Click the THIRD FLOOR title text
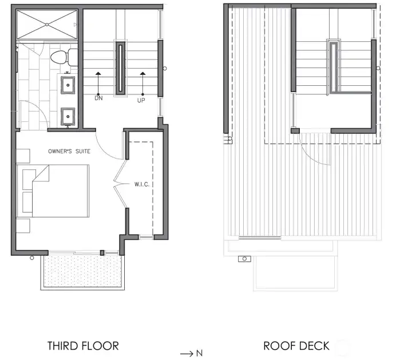(83, 346)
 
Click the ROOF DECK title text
(296, 346)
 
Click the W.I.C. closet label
(142, 184)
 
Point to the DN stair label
(98, 98)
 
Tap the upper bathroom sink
(68, 85)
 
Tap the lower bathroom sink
(68, 116)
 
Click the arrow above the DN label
(98, 82)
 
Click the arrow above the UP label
(141, 82)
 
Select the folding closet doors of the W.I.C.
(120, 184)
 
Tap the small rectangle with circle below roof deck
(245, 259)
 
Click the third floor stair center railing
(121, 68)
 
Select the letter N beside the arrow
(199, 353)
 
